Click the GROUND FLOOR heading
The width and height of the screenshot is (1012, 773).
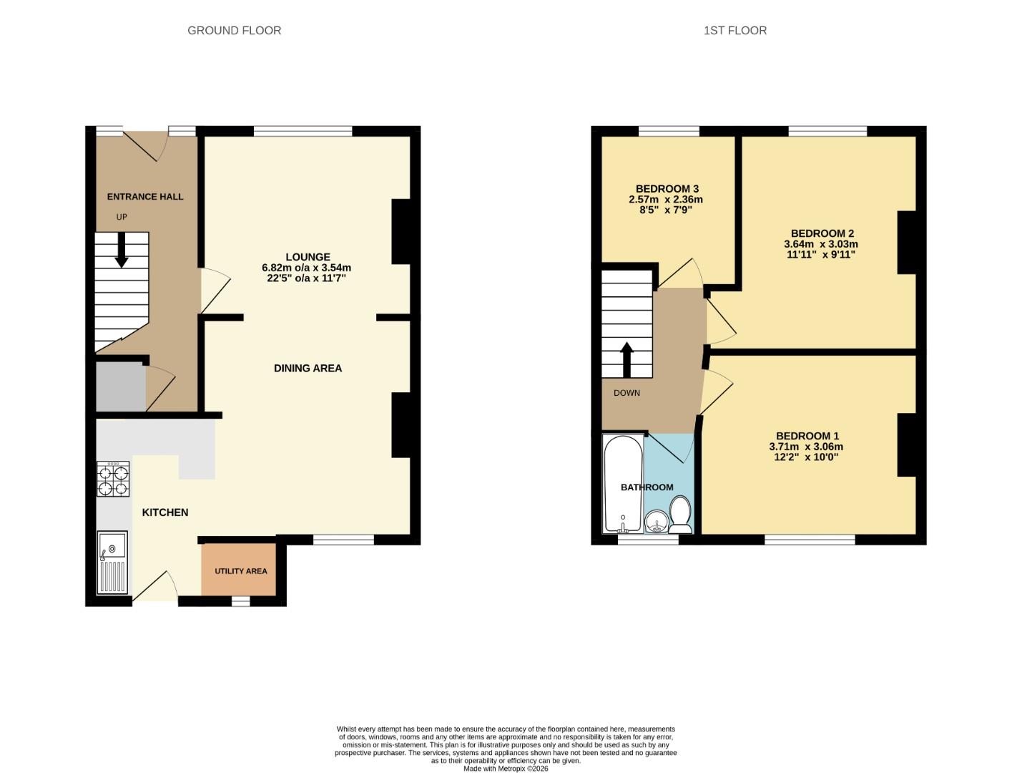coord(234,30)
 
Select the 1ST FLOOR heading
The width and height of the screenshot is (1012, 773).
coord(735,30)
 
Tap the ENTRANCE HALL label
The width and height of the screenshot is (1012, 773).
coord(145,197)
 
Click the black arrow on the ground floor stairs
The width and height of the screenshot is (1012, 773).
coord(122,252)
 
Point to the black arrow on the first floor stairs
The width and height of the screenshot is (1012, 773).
coord(627,359)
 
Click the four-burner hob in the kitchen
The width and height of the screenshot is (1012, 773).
coord(113,479)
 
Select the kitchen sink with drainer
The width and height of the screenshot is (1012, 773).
coord(112,563)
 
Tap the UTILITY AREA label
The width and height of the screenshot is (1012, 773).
coord(241,571)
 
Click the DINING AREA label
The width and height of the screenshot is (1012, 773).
coord(308,368)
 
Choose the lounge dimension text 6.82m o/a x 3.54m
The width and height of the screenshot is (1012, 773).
coord(306,268)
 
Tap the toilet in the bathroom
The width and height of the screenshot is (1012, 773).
coord(680,515)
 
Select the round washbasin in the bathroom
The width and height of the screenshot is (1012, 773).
coord(656,522)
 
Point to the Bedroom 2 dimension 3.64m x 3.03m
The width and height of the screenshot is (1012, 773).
coord(821,244)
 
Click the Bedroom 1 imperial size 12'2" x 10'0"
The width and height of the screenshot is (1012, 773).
coord(806,457)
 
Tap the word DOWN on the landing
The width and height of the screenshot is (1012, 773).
coord(627,393)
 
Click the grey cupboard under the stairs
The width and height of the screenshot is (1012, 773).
coord(120,387)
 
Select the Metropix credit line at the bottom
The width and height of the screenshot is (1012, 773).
coord(506,769)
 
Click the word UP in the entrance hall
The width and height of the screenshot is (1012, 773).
coord(122,217)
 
